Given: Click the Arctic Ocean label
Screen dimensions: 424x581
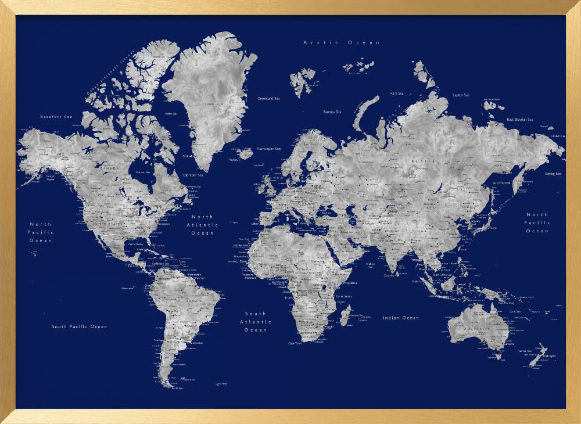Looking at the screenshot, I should pyautogui.click(x=342, y=42).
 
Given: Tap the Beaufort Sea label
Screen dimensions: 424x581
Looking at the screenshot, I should pyautogui.click(x=56, y=117).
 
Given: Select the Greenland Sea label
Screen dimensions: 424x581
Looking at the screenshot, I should pyautogui.click(x=268, y=99).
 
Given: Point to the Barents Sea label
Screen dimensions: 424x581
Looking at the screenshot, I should pyautogui.click(x=332, y=112).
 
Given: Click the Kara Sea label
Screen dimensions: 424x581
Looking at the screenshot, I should pyautogui.click(x=397, y=93).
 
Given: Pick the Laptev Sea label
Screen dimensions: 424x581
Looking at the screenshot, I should pyautogui.click(x=461, y=95).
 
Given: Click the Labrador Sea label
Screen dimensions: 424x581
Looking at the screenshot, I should pyautogui.click(x=193, y=175).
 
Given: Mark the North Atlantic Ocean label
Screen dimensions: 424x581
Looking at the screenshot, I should pyautogui.click(x=202, y=225).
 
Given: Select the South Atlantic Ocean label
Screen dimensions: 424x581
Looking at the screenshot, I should pyautogui.click(x=256, y=322).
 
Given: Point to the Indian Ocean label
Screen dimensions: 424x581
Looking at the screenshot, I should pyautogui.click(x=401, y=318).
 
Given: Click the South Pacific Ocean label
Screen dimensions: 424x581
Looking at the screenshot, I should pyautogui.click(x=79, y=326).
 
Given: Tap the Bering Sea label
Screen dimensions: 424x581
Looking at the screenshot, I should pyautogui.click(x=553, y=174).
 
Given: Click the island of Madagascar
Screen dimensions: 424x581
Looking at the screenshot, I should pyautogui.click(x=345, y=315).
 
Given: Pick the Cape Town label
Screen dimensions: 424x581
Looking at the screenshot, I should pyautogui.click(x=295, y=343).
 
